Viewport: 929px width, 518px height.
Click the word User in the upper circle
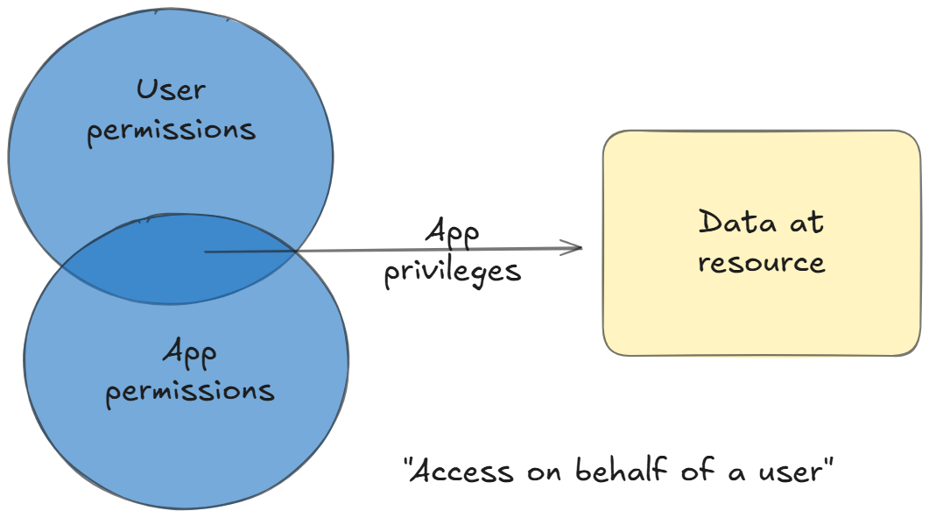pyautogui.click(x=171, y=89)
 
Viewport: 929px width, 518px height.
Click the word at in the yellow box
pyautogui.click(x=805, y=223)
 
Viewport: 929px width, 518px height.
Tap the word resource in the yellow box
pyautogui.click(x=762, y=263)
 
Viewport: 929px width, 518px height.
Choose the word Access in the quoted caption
pyautogui.click(x=461, y=472)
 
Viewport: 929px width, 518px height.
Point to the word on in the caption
pyautogui.click(x=545, y=472)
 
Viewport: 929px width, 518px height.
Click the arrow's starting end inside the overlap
pyautogui.click(x=207, y=252)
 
